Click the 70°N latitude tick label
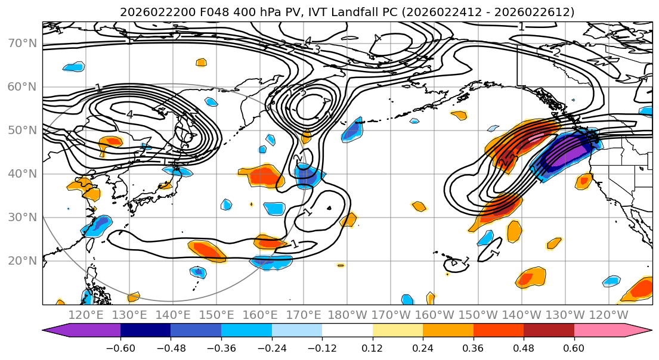pos(21,43)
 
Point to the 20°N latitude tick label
pos(21,260)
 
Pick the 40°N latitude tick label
pos(21,173)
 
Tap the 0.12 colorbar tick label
pos(372,347)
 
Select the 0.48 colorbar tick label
pos(524,347)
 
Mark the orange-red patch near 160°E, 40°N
pos(264,176)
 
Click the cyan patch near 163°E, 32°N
pos(275,208)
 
